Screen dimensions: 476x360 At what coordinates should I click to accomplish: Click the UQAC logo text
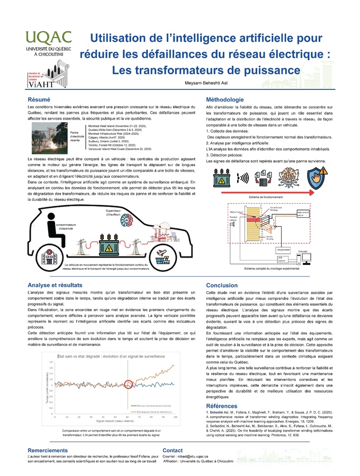click(x=48, y=38)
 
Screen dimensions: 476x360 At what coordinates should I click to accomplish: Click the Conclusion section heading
click(x=222, y=285)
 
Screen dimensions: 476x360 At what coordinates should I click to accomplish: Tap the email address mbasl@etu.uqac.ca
click(x=193, y=455)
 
